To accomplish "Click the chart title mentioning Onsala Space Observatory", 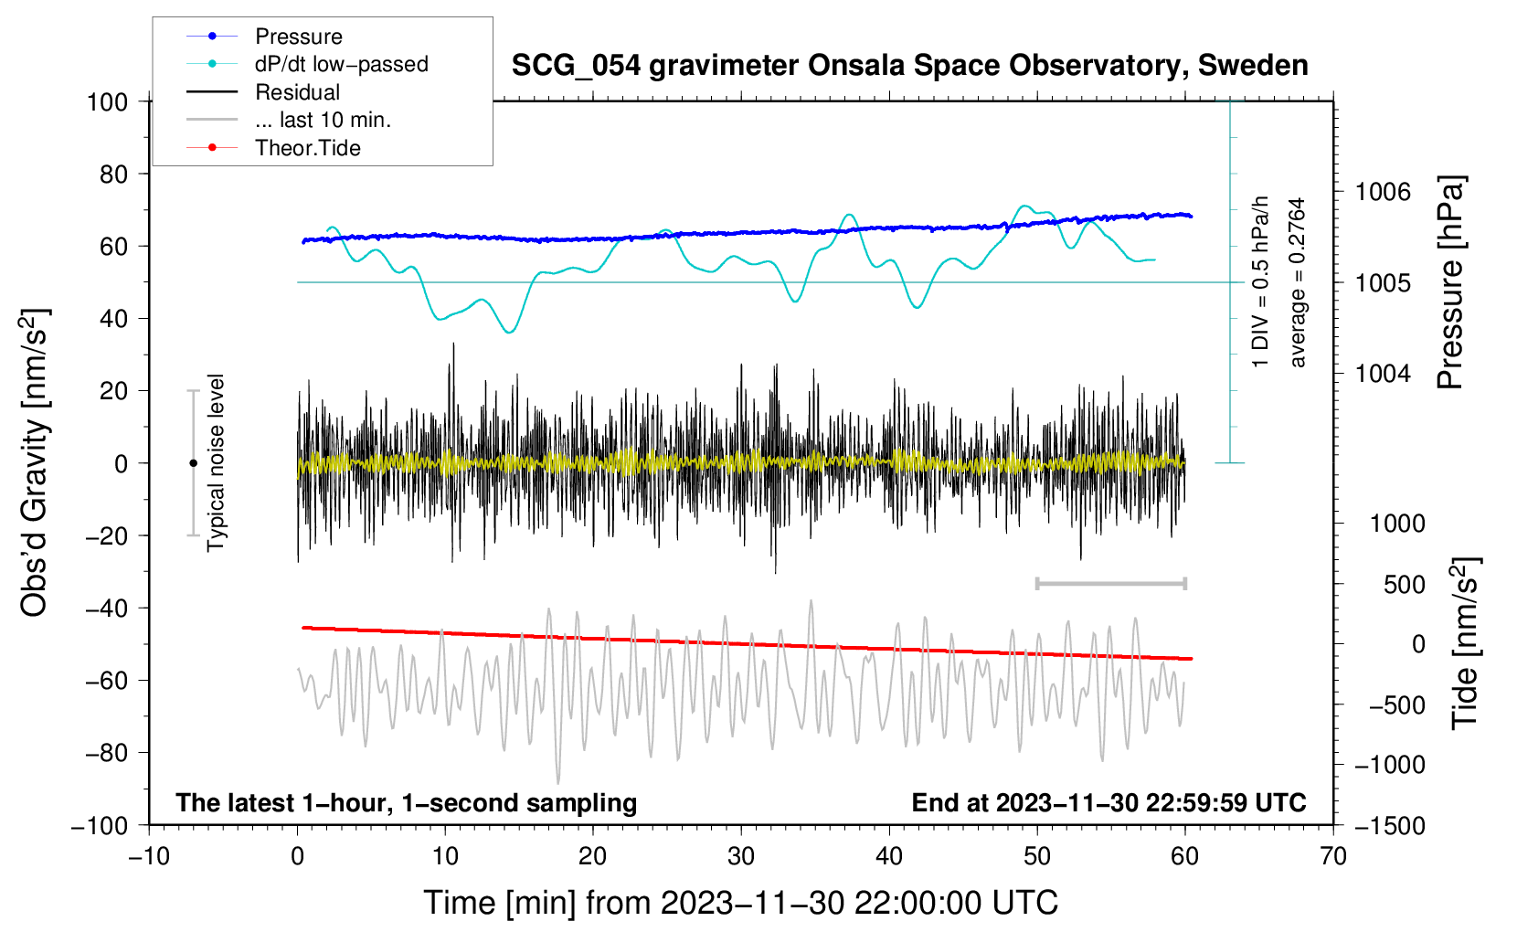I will coord(909,66).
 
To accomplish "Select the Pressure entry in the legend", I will coord(298,37).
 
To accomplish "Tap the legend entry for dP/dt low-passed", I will coord(341,64).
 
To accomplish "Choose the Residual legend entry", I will coord(297,92).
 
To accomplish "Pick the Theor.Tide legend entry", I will coord(307,148).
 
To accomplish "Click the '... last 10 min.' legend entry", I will coord(323,120).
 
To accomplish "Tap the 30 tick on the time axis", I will coord(741,856).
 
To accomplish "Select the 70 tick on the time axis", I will coord(1333,856).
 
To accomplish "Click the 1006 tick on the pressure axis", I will coord(1383,192).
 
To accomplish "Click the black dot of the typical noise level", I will coord(193,463).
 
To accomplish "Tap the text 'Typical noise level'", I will coord(216,462).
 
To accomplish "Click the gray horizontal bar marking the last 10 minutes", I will coord(1110,583).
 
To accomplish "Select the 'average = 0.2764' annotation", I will coord(1298,282).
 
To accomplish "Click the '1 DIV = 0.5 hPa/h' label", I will coord(1261,281).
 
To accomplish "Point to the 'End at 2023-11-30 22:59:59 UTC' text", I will coord(1109,802).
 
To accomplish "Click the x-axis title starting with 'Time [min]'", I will coord(740,903).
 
